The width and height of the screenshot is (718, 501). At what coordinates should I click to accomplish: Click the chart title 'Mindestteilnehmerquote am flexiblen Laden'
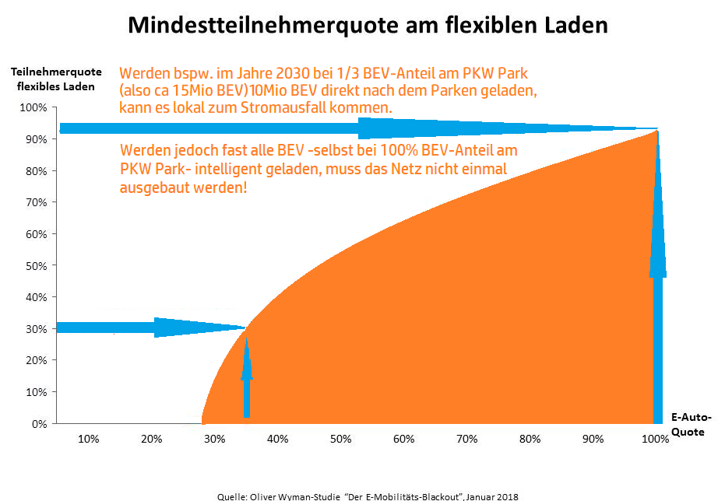pos(367,26)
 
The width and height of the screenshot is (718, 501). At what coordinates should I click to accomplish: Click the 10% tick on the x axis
pos(89,440)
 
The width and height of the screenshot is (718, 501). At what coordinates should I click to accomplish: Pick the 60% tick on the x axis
pos(403,440)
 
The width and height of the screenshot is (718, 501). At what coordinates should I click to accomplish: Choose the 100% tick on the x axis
pos(655,440)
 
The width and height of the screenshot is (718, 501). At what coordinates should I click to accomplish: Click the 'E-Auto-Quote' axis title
pos(689,425)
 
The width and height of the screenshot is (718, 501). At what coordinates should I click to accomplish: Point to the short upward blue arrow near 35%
pos(247,373)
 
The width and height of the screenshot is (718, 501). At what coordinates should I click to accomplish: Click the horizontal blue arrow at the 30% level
pos(148,328)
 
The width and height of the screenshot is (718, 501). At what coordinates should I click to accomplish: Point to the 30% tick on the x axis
pos(215,440)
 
